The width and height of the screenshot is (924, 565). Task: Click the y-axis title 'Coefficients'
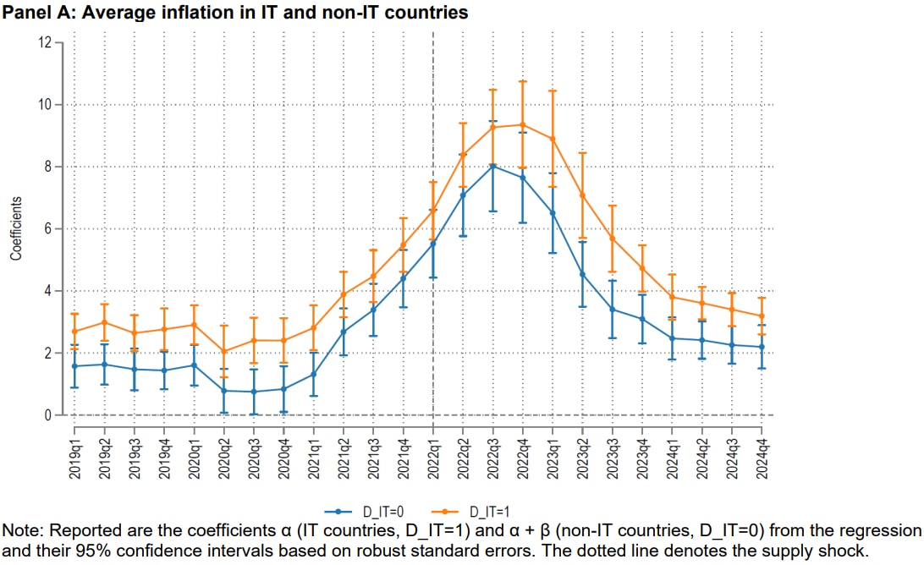[16, 228]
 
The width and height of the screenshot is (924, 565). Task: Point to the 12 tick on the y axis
[47, 42]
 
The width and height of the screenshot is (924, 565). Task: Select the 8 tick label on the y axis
[47, 167]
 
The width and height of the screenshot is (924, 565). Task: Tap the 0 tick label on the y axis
[47, 415]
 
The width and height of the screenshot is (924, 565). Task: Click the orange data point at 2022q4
[523, 124]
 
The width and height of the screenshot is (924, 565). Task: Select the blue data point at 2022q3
[493, 166]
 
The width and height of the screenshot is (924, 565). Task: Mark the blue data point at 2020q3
[254, 392]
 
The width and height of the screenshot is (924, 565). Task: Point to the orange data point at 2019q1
[74, 332]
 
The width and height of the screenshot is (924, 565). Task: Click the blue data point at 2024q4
[762, 347]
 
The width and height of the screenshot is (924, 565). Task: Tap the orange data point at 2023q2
[583, 195]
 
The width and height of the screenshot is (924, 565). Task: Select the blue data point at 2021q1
[314, 374]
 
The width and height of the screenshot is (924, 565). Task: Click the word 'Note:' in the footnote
[22, 530]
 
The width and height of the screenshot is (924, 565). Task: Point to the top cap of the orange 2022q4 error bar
[523, 81]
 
